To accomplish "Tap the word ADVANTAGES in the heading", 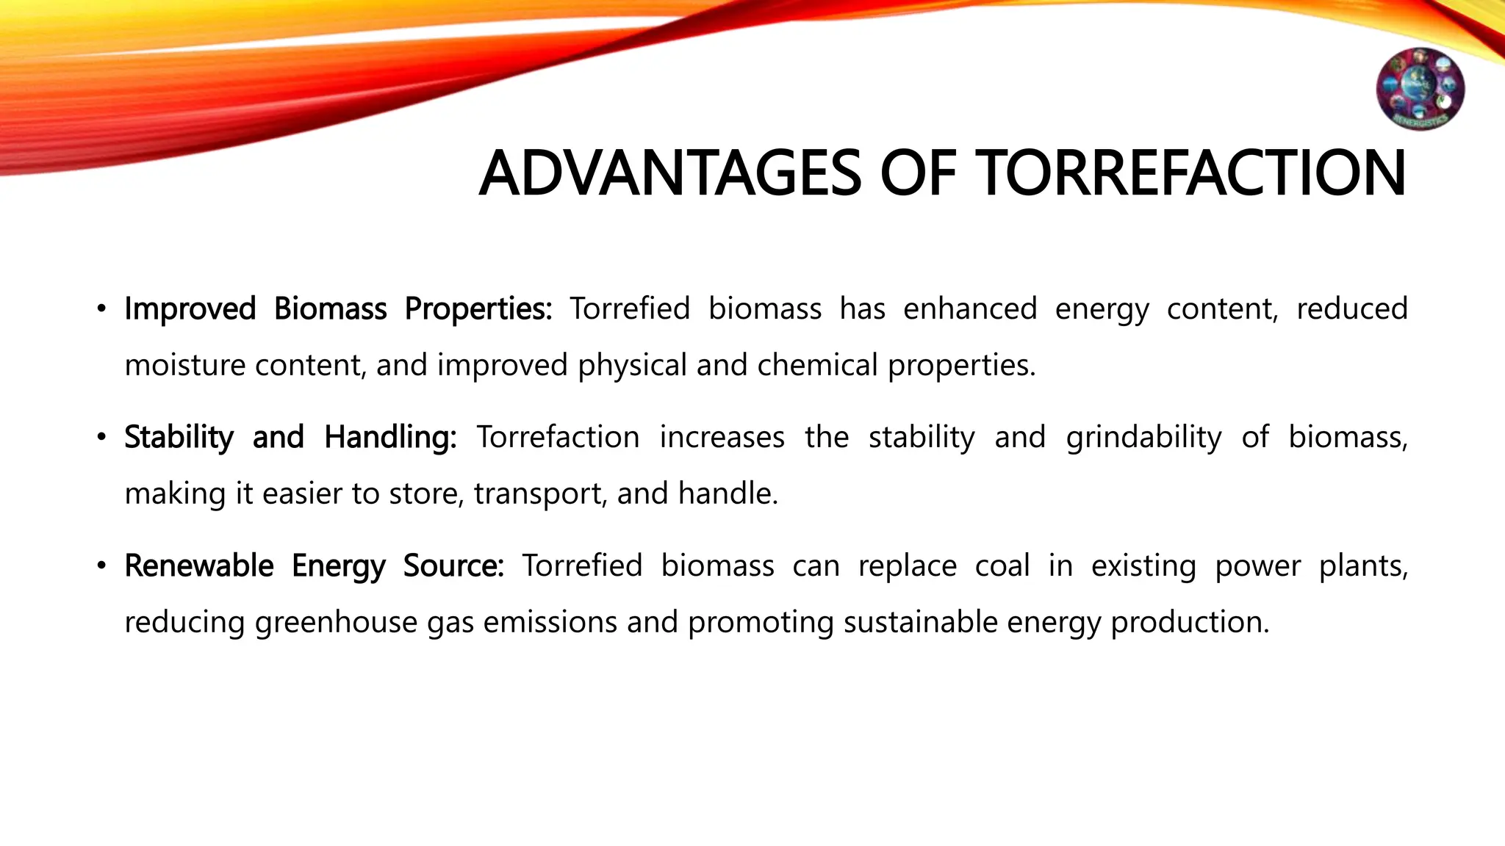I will [x=669, y=174].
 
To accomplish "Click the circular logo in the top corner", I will [x=1420, y=89].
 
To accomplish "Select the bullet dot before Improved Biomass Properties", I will [x=102, y=308].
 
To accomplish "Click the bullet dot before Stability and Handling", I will [x=102, y=438].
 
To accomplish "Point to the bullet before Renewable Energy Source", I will [x=102, y=566].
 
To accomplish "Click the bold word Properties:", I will [x=478, y=309].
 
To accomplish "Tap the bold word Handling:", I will [x=390, y=438].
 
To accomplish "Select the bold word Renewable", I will [x=198, y=566].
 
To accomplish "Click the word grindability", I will [x=1143, y=438].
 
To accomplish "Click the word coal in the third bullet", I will [x=1002, y=566].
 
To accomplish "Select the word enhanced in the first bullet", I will [x=969, y=309].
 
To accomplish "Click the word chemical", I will [x=817, y=365].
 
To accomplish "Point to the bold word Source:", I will [x=453, y=566].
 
